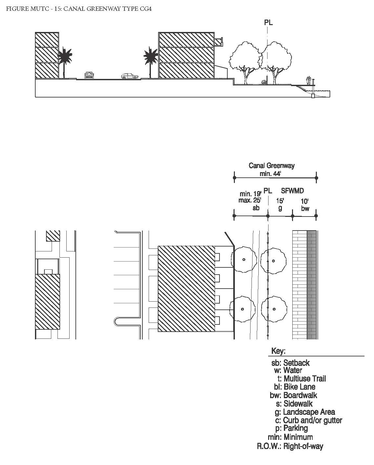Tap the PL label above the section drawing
(268, 22)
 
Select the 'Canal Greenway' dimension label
(271, 166)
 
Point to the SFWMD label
(292, 191)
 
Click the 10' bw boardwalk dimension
(305, 205)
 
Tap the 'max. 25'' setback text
(250, 200)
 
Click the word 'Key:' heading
(278, 351)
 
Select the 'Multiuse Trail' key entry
(304, 379)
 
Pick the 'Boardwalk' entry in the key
(300, 395)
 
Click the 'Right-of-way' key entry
(303, 446)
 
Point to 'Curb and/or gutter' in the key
(312, 420)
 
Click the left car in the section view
(89, 76)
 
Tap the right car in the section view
(130, 76)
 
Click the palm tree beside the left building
(64, 59)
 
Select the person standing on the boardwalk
(308, 80)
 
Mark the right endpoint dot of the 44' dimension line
(316, 178)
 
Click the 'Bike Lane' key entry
(299, 387)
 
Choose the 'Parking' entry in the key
(295, 428)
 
